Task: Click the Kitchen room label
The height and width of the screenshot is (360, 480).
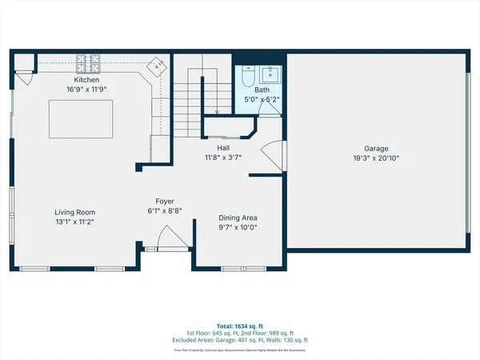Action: [x=86, y=81]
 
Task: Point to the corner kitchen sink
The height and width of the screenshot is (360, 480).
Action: [x=158, y=66]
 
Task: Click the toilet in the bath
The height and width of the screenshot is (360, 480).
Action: [x=246, y=78]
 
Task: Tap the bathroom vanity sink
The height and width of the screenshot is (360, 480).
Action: [x=269, y=75]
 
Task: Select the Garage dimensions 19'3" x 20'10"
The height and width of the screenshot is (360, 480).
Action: [x=376, y=158]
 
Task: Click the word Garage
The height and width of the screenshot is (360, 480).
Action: [x=376, y=149]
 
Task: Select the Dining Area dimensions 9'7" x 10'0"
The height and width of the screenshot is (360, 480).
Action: [x=238, y=227]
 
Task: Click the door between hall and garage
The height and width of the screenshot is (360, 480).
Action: [x=272, y=151]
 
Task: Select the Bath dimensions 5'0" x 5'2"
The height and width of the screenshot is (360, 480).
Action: [x=262, y=100]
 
